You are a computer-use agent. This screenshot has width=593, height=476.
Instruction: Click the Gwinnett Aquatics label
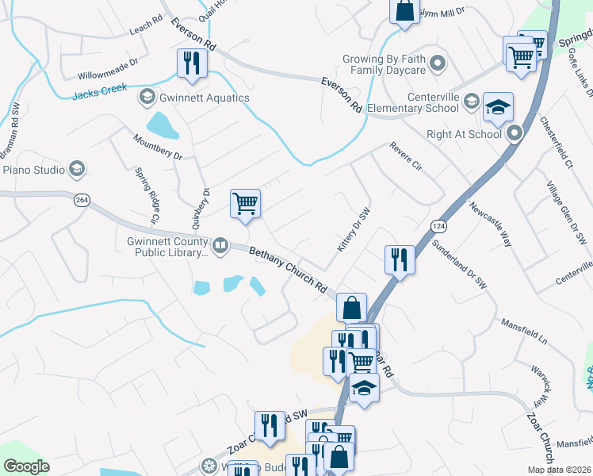click(204, 98)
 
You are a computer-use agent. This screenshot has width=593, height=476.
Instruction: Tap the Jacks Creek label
click(99, 92)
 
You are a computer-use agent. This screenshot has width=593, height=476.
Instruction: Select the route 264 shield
click(82, 200)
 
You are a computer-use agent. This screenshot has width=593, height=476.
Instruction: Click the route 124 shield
click(438, 227)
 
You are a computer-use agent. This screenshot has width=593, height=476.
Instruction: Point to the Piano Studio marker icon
click(77, 168)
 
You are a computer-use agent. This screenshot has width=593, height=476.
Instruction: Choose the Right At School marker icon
click(516, 133)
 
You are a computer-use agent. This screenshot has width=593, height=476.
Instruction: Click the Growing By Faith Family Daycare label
click(384, 64)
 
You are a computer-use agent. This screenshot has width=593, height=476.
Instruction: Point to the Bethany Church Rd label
click(289, 271)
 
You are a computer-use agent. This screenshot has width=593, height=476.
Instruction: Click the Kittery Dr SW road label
click(354, 231)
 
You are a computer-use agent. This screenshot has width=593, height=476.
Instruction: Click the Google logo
click(26, 466)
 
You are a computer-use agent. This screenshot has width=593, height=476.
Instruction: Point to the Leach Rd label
click(145, 31)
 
